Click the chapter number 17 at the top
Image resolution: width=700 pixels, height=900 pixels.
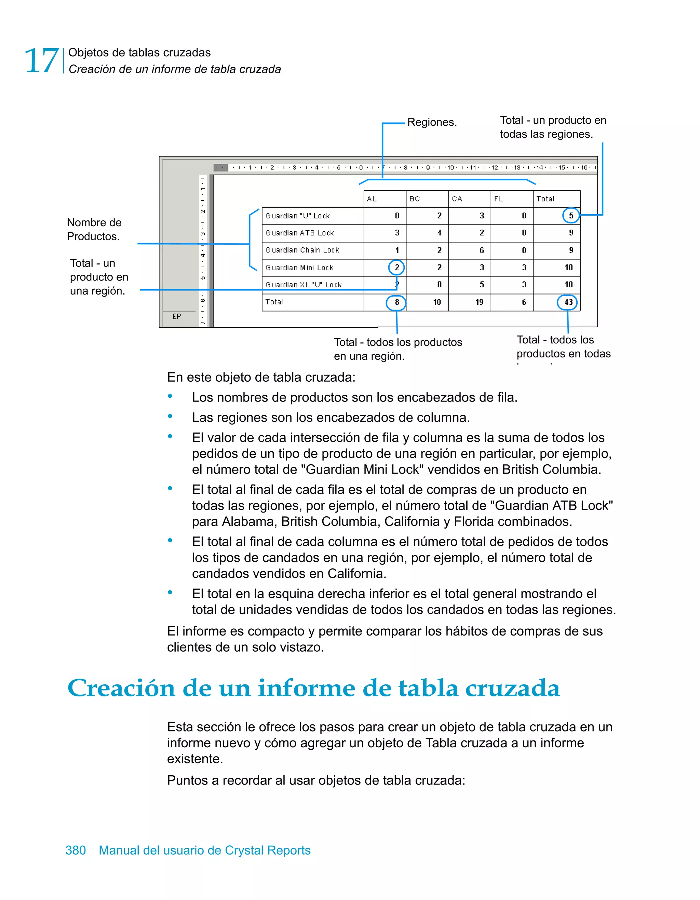41,60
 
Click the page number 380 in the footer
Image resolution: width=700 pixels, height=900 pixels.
76,850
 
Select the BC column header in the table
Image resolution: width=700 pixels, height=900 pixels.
414,199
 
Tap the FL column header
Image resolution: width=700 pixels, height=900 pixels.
498,199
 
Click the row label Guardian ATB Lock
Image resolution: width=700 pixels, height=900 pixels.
299,233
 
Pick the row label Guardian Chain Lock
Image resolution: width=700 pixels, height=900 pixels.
302,250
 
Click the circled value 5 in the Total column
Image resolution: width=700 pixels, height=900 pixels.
571,216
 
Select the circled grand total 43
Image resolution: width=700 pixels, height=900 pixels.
568,302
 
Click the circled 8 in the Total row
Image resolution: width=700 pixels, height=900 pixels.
396,302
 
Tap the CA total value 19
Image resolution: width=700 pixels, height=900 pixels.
479,302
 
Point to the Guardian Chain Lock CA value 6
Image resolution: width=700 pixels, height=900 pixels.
482,250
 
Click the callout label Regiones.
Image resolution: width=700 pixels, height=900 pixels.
432,122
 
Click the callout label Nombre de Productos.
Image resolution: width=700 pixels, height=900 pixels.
94,229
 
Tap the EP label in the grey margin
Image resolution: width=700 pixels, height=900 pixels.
176,316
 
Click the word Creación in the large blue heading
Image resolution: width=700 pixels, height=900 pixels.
121,688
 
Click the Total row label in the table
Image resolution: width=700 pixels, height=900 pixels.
274,302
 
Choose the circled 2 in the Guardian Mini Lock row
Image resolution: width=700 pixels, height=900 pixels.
396,268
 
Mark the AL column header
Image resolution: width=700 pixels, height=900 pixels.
372,199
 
